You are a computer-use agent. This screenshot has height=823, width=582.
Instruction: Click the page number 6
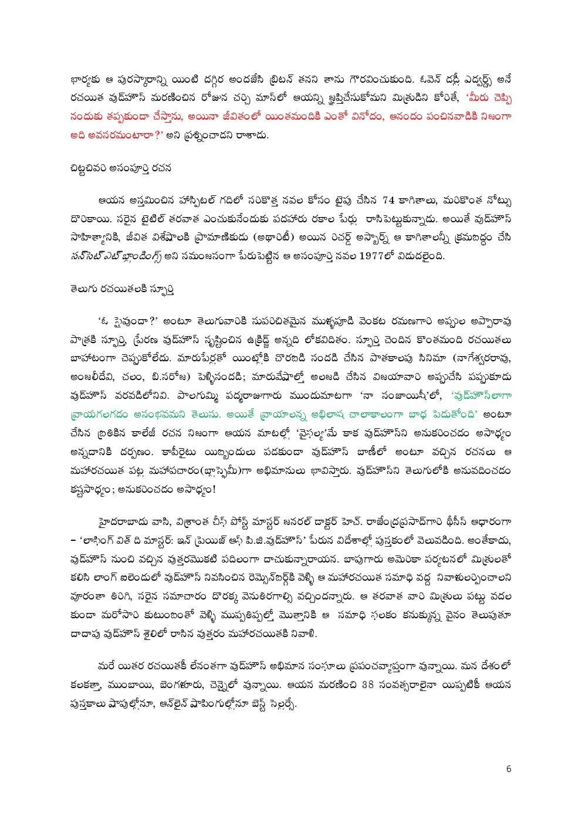509,769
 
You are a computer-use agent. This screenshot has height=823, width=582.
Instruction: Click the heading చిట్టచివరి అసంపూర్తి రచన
120,167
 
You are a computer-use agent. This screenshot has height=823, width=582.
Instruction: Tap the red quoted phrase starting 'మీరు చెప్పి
489,97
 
